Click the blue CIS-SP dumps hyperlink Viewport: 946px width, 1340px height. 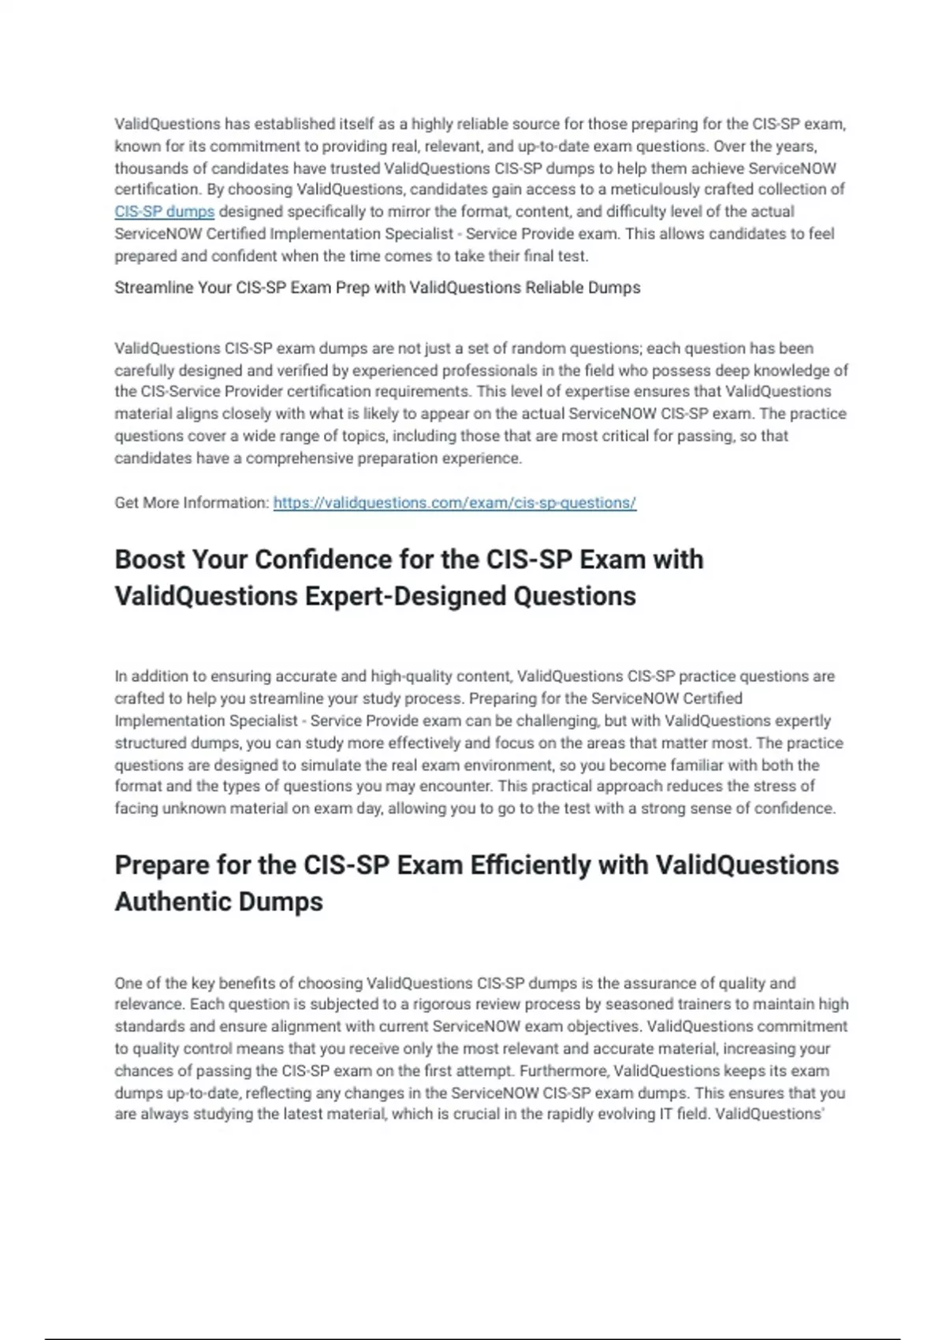(x=164, y=212)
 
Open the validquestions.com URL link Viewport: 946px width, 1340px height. (x=454, y=503)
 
